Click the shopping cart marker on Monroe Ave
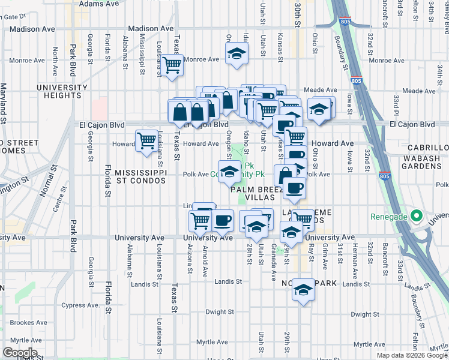tap(173, 65)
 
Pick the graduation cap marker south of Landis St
tap(304, 291)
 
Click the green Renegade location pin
tap(415, 217)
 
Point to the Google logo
tap(20, 353)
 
